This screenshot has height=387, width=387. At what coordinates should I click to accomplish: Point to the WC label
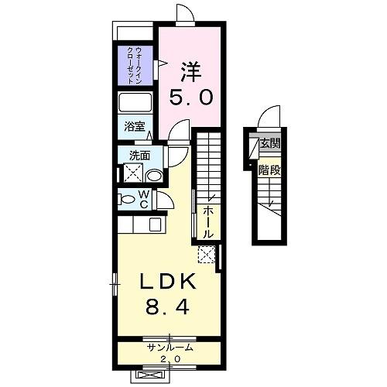pos(145,199)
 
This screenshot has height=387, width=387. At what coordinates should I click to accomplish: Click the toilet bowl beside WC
pos(128,200)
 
